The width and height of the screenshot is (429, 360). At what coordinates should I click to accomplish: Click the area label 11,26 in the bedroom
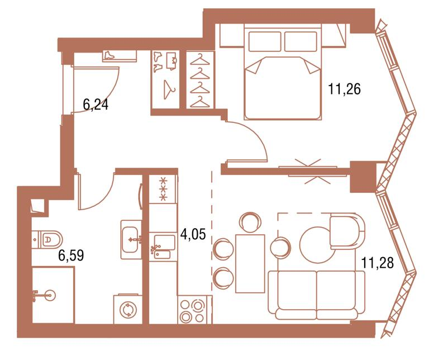click(344, 89)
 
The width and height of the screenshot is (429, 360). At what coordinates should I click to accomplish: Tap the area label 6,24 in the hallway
click(96, 105)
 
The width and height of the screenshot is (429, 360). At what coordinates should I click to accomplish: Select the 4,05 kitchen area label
click(193, 235)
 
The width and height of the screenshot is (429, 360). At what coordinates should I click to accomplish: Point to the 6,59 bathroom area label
click(71, 255)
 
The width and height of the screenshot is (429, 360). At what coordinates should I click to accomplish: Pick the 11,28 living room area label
click(378, 263)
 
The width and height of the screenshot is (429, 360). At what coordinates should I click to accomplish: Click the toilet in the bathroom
click(47, 239)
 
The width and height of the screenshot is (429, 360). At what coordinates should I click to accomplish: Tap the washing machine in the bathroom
click(128, 309)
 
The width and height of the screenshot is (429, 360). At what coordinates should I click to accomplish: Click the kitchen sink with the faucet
click(163, 247)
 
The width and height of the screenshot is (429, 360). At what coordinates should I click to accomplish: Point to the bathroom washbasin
click(131, 240)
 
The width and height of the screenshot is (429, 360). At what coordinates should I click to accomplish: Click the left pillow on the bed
click(265, 41)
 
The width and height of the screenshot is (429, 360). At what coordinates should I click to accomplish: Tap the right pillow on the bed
click(301, 41)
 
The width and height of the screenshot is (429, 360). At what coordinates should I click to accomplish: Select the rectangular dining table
click(250, 263)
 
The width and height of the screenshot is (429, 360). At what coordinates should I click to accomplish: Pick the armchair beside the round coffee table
click(347, 231)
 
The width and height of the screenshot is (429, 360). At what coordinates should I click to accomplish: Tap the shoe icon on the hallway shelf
click(109, 55)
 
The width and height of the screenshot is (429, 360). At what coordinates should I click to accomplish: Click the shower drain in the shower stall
click(50, 295)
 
